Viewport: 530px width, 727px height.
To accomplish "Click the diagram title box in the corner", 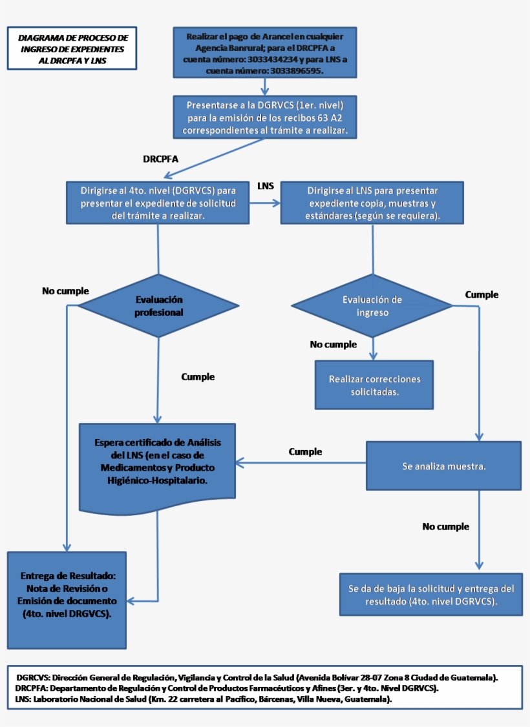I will click(72, 48).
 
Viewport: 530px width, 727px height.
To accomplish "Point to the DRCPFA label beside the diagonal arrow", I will click(160, 159).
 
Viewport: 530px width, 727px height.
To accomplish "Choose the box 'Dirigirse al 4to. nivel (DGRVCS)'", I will click(158, 203).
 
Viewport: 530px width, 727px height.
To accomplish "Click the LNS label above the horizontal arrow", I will click(266, 186).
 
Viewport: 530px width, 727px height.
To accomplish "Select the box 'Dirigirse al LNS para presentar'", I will click(372, 203).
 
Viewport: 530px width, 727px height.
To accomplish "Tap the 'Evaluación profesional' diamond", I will click(158, 306).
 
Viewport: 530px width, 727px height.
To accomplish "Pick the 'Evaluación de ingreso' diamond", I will click(372, 306).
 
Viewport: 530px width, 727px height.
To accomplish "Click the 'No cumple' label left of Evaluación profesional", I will click(65, 291).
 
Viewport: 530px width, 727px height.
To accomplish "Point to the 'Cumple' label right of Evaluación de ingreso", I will click(482, 294).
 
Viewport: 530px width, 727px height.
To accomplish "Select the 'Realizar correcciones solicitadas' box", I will click(374, 385).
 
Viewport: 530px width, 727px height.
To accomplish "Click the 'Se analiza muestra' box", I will click(443, 466).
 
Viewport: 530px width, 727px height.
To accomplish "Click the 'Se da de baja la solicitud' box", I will click(431, 594).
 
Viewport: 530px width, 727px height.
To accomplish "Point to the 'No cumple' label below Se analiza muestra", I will click(445, 527).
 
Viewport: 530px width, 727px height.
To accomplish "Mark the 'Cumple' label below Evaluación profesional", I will click(198, 376).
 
